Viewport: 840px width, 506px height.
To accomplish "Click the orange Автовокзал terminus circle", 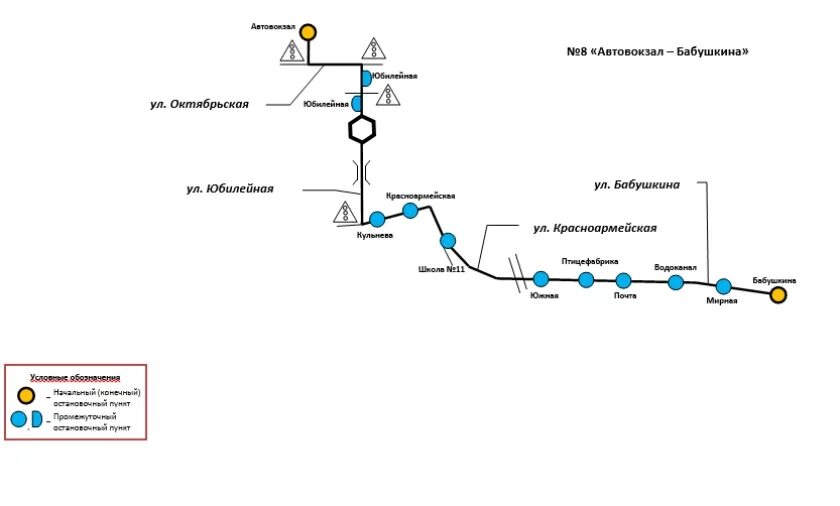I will [308, 32].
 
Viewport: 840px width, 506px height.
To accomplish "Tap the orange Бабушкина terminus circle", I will [777, 295].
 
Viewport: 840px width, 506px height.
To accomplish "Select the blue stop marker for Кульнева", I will [377, 219].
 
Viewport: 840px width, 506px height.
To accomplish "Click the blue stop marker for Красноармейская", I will [410, 210].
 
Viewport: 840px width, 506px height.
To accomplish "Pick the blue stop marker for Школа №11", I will [448, 240].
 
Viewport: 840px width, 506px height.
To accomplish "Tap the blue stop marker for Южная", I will [541, 279].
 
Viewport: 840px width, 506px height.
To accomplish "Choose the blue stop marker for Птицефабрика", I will [585, 279].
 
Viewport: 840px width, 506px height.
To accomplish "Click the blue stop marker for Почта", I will [624, 280].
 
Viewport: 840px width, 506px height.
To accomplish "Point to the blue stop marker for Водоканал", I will [676, 282].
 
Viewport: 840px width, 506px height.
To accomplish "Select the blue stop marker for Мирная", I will [723, 286].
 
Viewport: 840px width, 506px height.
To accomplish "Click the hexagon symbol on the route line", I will [362, 129].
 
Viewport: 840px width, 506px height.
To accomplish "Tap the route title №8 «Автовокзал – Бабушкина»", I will [657, 52].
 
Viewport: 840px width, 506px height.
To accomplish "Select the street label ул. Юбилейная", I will [230, 188].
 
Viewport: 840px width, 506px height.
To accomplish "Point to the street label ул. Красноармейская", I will [595, 228].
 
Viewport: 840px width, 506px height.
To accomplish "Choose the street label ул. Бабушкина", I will [637, 184].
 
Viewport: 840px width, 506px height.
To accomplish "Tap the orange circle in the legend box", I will [18, 395].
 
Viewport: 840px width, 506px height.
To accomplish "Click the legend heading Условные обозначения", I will [75, 377].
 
